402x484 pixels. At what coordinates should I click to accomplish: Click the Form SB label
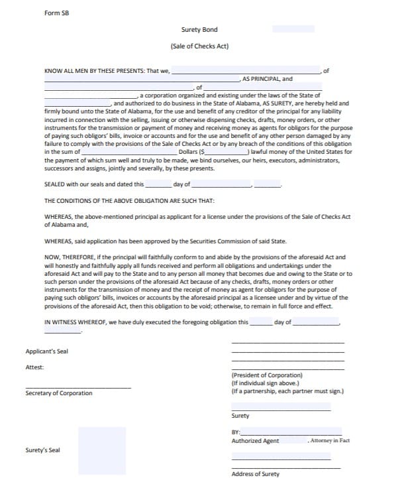56,13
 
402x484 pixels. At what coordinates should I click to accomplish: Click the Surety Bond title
199,29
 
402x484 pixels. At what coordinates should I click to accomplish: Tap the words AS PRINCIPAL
258,79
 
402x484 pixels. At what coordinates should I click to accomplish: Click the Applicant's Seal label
46,351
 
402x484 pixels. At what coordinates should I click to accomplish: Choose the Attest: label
34,367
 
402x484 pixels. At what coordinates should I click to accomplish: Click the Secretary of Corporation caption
58,393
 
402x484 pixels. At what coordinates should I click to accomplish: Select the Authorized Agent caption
255,441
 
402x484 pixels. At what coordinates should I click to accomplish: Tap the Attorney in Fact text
330,440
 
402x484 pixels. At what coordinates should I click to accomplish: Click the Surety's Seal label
42,451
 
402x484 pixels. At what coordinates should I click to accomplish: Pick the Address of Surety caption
255,473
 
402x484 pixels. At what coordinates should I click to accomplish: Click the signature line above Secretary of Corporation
77,387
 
